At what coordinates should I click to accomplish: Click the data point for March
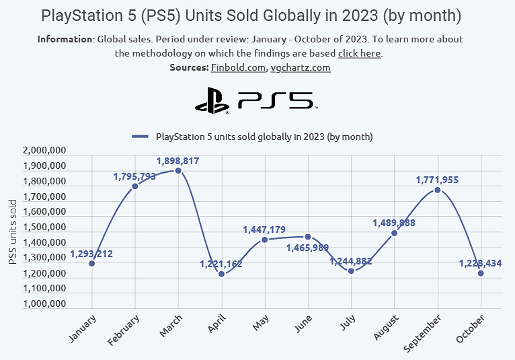pos(178,171)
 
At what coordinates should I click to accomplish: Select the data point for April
pos(221,274)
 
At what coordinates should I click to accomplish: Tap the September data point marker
pos(438,190)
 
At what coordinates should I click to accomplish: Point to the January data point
pos(91,263)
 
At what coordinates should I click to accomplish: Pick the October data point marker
pos(481,273)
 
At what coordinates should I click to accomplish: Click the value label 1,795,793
pos(134,176)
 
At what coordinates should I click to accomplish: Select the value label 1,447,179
pos(264,230)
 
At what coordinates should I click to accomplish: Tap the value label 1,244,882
pos(351,261)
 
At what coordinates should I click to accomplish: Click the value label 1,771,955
pos(438,180)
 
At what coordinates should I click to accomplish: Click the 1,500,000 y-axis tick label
pos(44,228)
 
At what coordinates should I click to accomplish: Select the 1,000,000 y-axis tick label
pos(44,305)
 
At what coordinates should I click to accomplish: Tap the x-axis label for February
pos(124,330)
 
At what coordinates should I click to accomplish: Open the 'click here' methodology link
pos(359,53)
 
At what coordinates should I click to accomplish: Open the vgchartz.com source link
pos(300,67)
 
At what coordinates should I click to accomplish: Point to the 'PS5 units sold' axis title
pos(13,231)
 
